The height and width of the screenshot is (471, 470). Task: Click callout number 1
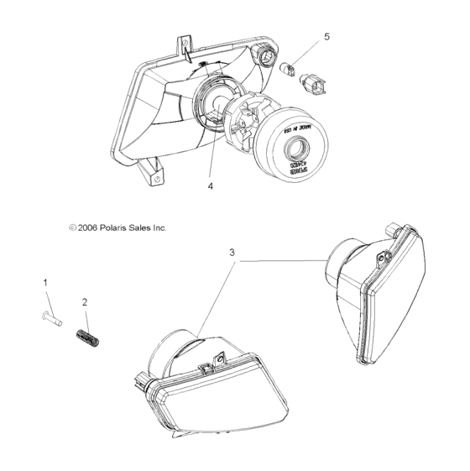[46, 283]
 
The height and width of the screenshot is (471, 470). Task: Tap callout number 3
[232, 251]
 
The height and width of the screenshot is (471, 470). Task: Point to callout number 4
[211, 186]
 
